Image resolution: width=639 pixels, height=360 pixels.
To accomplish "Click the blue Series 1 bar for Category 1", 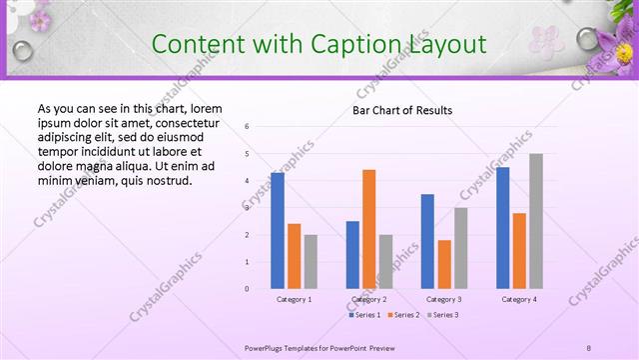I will (278, 231).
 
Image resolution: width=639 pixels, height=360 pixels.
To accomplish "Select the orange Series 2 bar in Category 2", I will (369, 229).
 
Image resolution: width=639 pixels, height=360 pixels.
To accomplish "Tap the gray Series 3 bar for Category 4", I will (536, 221).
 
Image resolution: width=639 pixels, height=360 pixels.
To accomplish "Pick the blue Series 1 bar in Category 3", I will (427, 241).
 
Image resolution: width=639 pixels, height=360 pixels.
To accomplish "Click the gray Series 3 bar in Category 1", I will (311, 261).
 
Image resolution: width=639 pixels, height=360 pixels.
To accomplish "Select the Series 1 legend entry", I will (364, 315).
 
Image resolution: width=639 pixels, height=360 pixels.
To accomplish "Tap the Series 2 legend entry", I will (402, 315).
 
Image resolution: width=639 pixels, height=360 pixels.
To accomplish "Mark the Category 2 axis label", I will (369, 299).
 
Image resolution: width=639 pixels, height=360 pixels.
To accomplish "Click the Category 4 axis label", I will (519, 299).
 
